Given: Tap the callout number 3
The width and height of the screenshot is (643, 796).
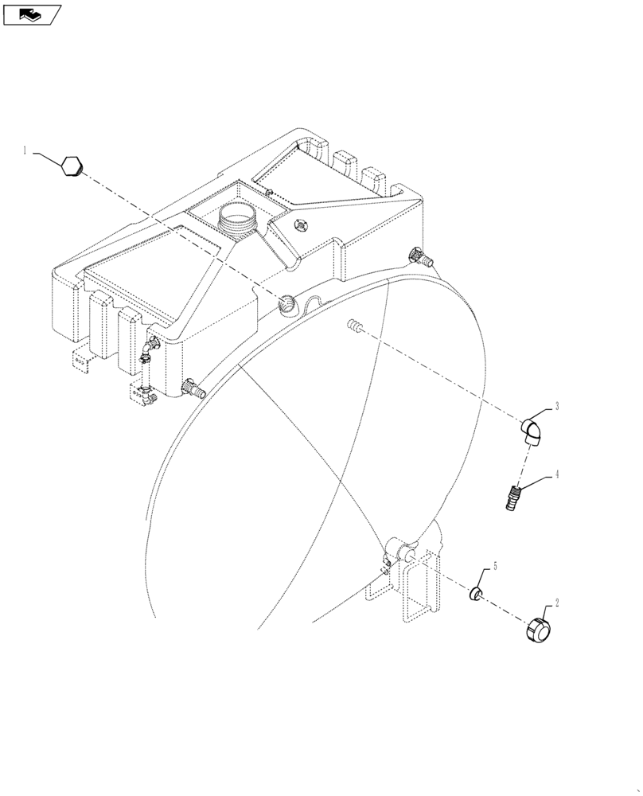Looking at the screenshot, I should [x=557, y=406].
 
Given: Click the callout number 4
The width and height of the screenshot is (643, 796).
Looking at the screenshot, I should [x=557, y=475].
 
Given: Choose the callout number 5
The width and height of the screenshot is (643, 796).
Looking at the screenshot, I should [x=494, y=567].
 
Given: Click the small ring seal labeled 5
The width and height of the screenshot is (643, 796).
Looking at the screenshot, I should [x=475, y=594].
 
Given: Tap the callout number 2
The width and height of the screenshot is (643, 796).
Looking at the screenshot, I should [x=557, y=603].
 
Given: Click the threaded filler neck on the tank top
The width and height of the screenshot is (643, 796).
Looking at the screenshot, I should [x=238, y=216].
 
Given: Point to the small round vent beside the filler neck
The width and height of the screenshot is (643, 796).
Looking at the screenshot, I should [x=301, y=224].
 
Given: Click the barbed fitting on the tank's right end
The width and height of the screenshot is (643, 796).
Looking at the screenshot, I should [x=420, y=257].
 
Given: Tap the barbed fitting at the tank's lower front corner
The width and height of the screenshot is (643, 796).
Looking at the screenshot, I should [x=193, y=390].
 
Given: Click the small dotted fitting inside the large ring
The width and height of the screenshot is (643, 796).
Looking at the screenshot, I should [x=354, y=326].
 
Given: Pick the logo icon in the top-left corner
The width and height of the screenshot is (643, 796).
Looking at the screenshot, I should [x=32, y=14].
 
